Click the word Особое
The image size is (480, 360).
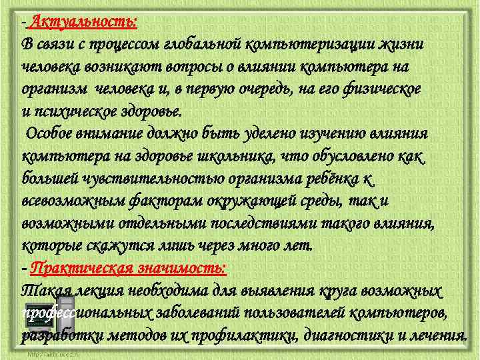[x=49, y=133]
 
